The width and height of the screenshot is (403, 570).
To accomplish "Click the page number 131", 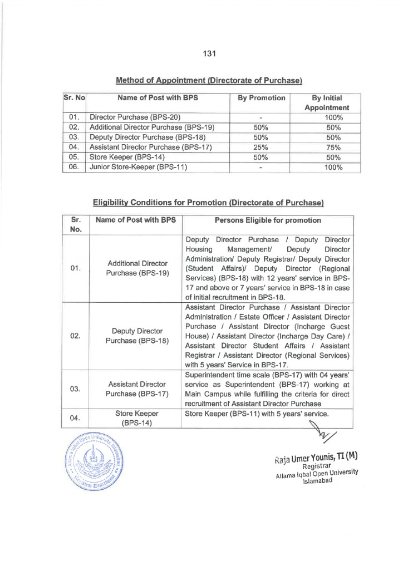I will coord(209,53).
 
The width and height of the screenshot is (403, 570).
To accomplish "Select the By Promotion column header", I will coord(261,98).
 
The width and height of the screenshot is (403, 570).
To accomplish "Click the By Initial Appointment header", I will coord(326,102).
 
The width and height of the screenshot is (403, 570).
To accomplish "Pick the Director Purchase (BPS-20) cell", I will coord(131,117).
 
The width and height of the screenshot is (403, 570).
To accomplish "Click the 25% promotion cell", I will coord(261,147).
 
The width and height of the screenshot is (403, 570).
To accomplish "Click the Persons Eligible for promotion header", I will coord(268,220).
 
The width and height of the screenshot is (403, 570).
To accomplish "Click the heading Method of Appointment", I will coord(209,81).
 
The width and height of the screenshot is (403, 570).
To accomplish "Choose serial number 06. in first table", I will coord(73,166).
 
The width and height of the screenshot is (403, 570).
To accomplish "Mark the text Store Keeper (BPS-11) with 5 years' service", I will coord(256,414).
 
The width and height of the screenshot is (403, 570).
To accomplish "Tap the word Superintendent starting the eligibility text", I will coord(210,375).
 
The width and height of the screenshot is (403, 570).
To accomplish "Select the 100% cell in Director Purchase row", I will coord(333,117).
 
